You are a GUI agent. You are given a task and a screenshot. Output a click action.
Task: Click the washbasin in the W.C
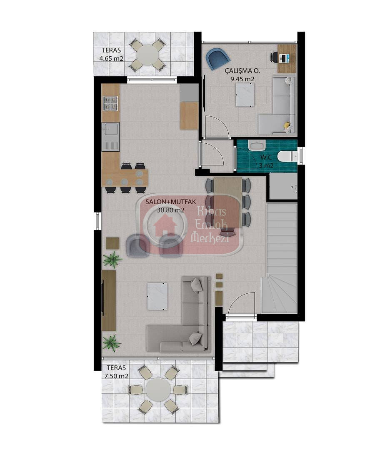coord(257,145)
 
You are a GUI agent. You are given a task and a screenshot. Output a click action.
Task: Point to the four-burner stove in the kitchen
coord(110,103)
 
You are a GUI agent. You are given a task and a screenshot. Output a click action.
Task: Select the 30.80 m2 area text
coord(170,210)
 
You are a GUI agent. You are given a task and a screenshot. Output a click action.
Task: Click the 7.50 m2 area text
coord(116,376)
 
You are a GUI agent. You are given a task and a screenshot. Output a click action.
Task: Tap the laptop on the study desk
coord(285,58)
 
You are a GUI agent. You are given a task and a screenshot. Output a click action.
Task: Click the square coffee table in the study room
coord(245,95)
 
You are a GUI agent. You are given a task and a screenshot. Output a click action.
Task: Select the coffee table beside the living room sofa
coord(157,297)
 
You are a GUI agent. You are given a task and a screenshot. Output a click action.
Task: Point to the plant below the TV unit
coord(112,343)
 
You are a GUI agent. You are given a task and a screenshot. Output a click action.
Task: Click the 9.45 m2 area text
coord(242,79)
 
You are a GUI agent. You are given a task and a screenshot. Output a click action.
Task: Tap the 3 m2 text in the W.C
coord(266,165)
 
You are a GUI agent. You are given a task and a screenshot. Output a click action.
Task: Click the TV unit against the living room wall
coord(109,300)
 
